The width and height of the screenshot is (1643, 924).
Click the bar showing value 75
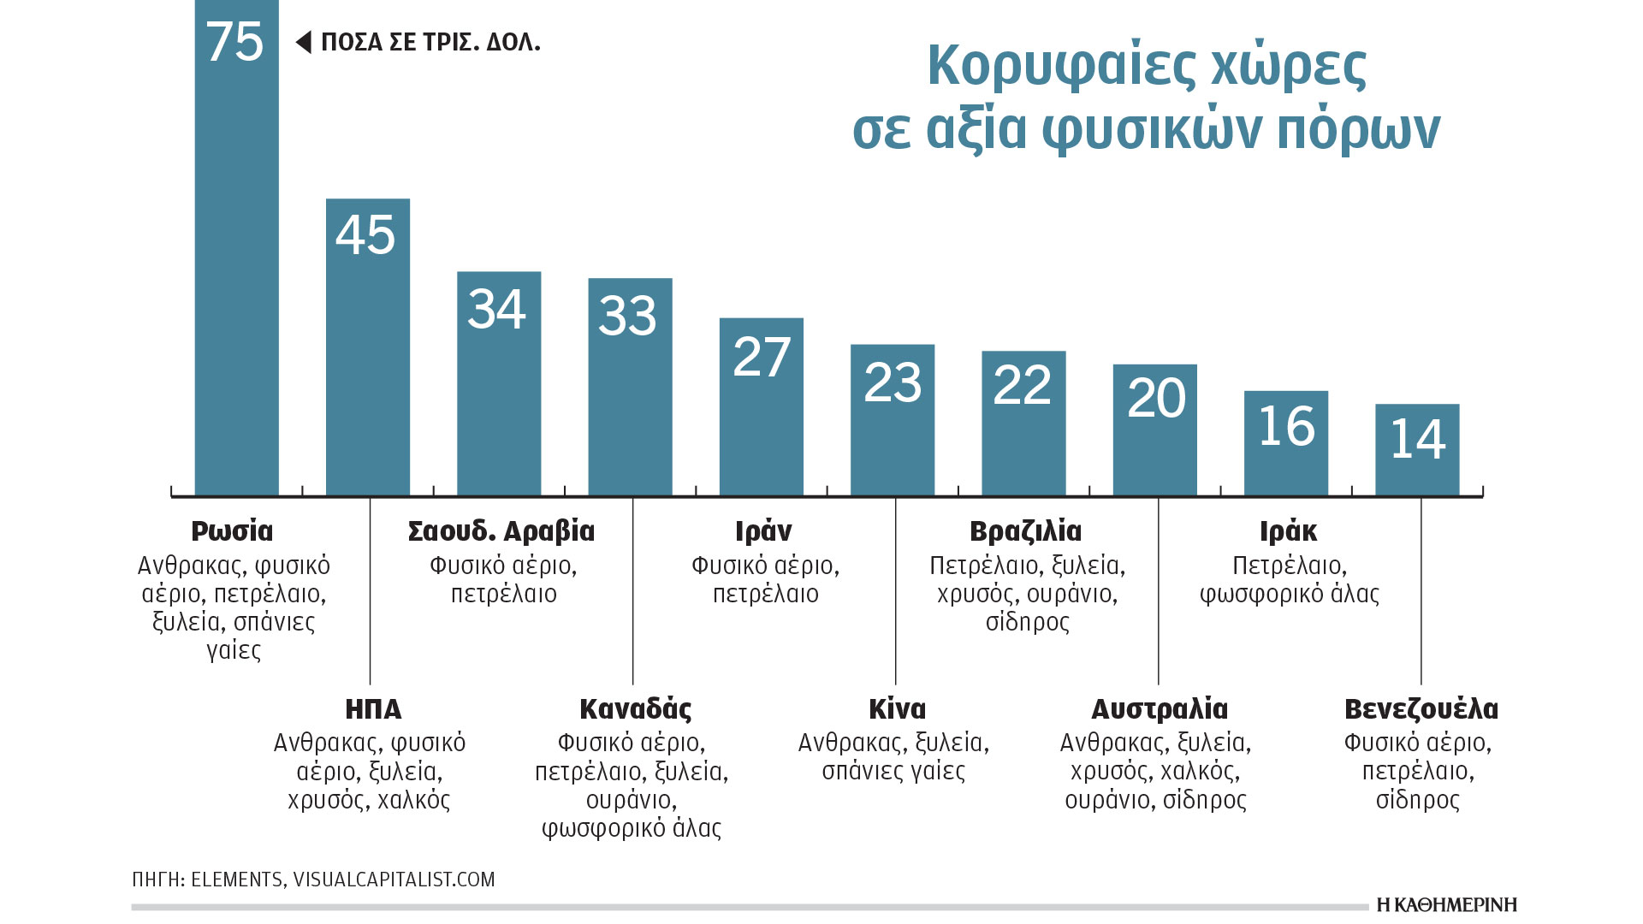click(x=237, y=257)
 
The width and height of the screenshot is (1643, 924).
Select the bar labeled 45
click(x=368, y=359)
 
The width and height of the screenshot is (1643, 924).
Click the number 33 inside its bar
click(x=627, y=315)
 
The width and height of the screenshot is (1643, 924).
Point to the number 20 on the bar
click(x=1156, y=398)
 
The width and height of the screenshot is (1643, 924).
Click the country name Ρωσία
click(x=232, y=531)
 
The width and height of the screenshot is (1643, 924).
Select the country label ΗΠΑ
click(x=373, y=709)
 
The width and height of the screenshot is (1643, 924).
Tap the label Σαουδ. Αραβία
click(x=501, y=531)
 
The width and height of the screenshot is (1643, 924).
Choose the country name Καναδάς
click(x=636, y=709)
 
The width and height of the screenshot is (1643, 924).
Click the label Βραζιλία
click(x=1026, y=531)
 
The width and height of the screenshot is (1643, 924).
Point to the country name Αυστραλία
click(x=1160, y=709)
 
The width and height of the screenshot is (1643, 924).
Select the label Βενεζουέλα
click(x=1421, y=709)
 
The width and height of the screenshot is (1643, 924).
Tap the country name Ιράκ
click(x=1288, y=531)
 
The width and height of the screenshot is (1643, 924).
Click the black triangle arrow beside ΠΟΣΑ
click(x=304, y=42)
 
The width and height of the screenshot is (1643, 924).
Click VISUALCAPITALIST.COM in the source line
click(x=394, y=880)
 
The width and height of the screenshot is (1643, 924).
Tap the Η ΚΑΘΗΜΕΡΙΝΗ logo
click(x=1447, y=905)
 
